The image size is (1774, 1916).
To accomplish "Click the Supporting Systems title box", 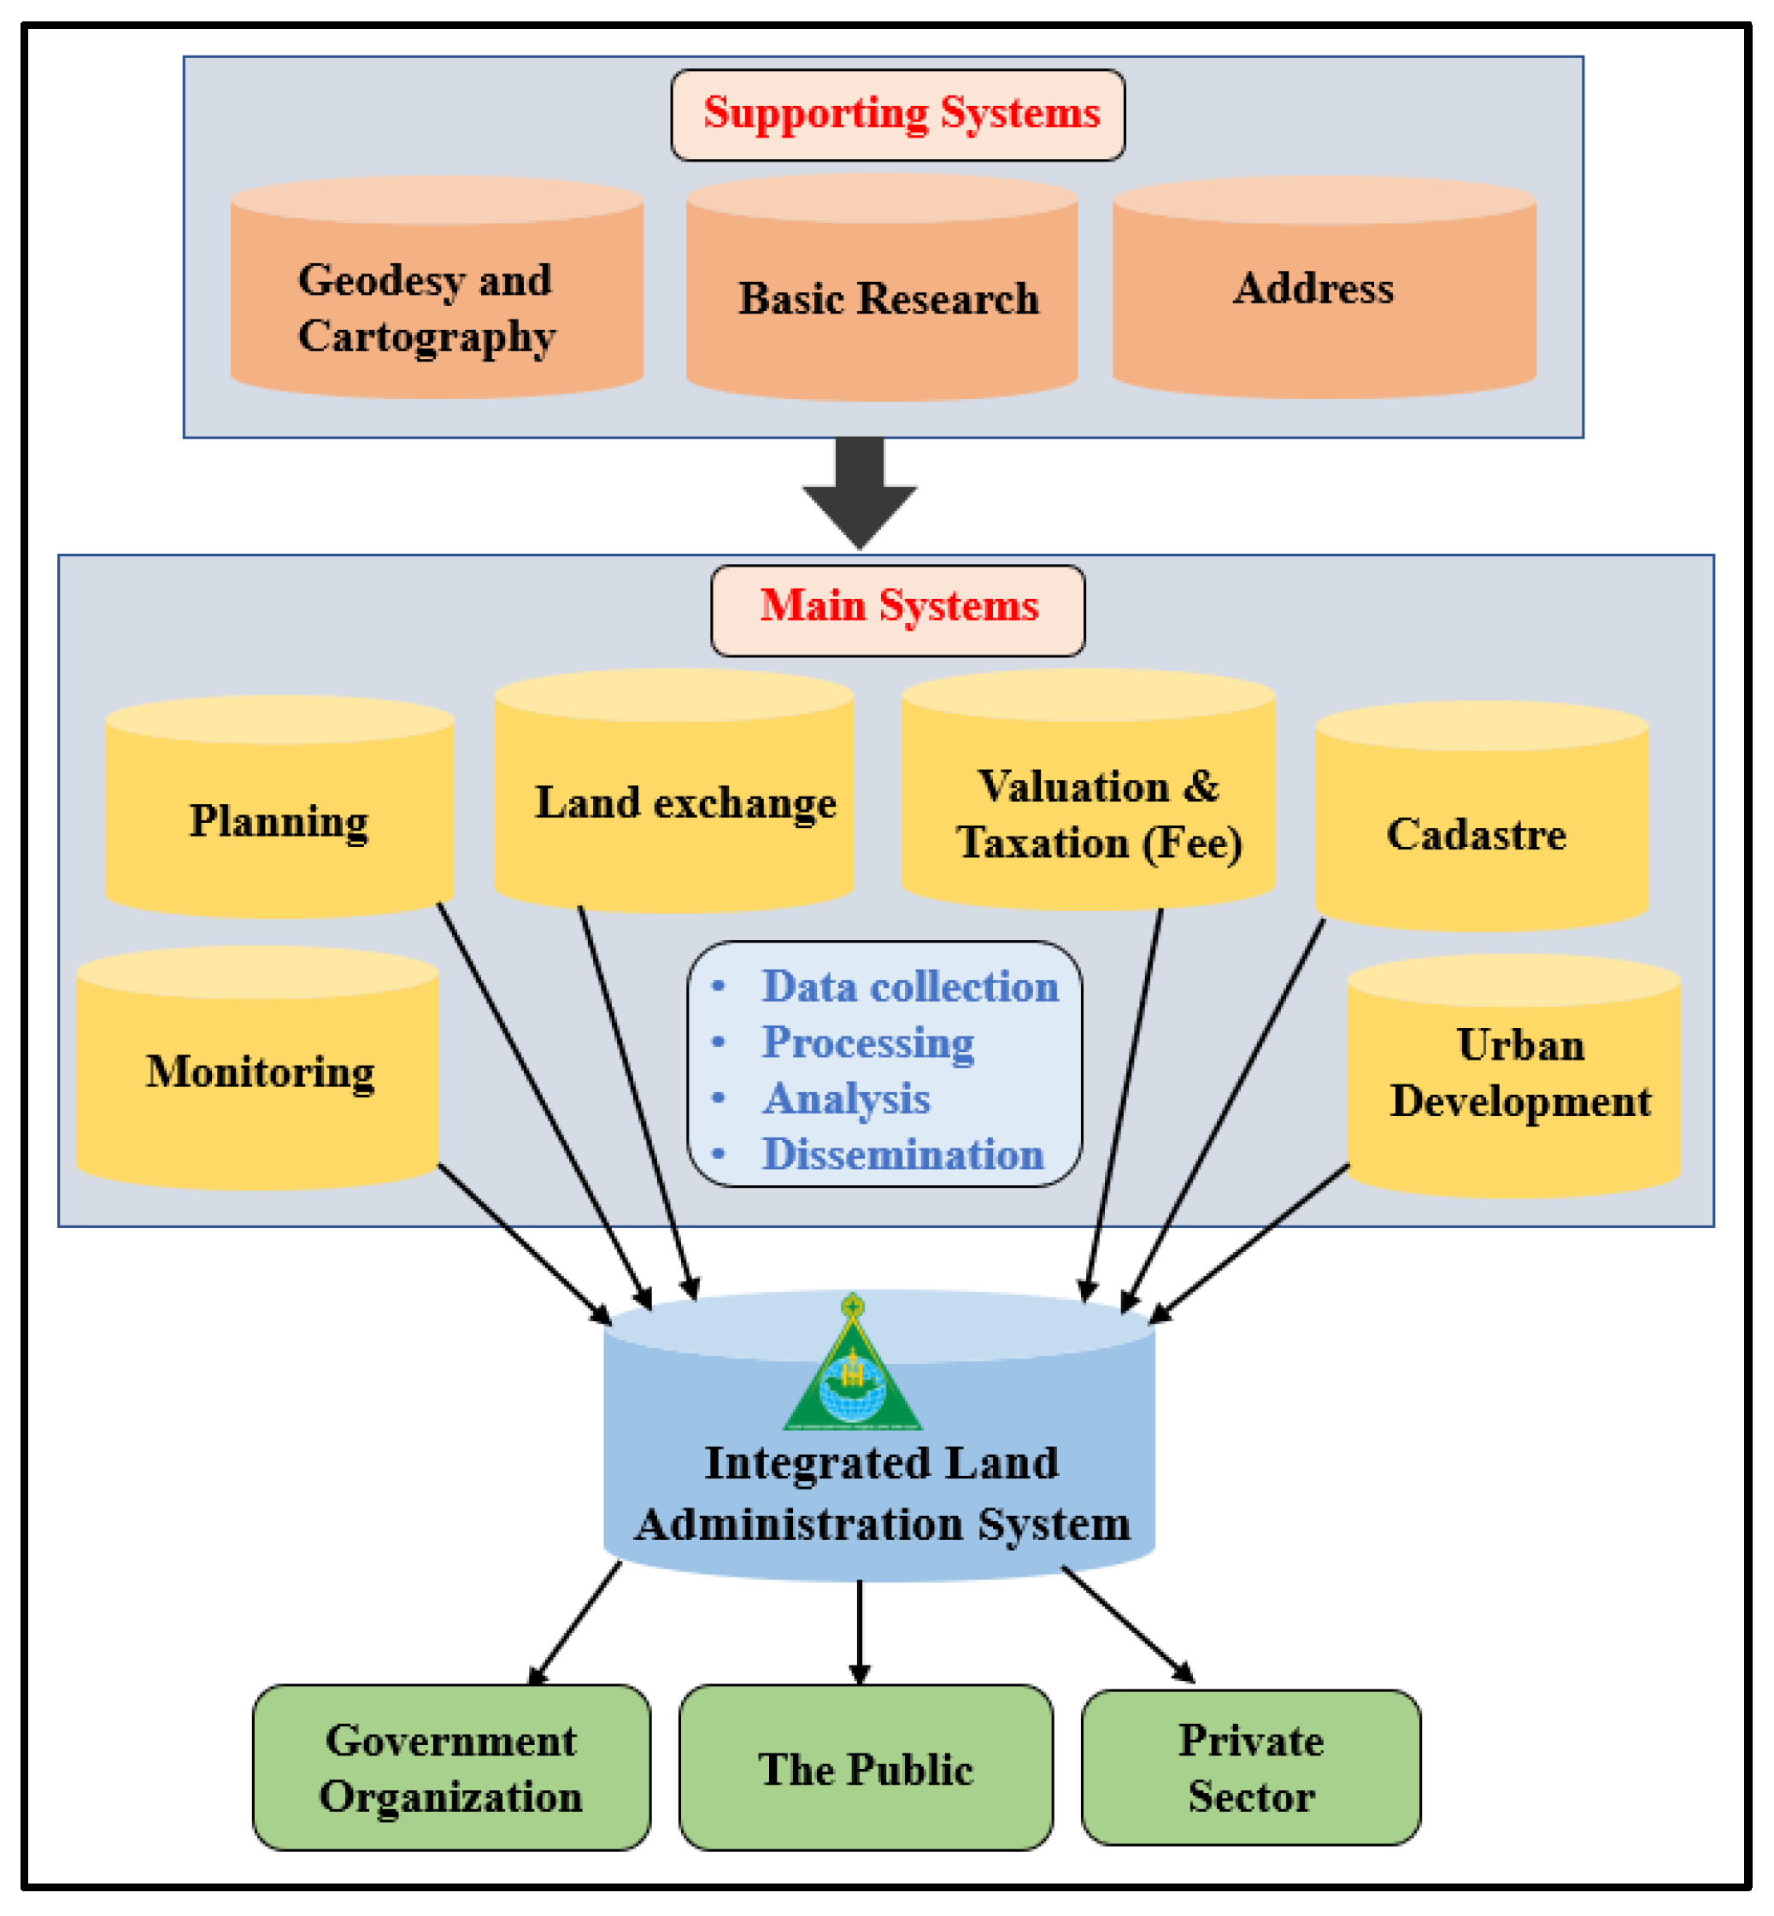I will [x=897, y=115].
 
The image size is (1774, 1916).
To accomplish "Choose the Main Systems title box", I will [x=897, y=609].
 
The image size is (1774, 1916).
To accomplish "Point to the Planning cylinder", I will [x=279, y=820].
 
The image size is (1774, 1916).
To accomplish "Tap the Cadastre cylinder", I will [x=1481, y=833].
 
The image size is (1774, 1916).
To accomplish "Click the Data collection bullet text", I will [x=909, y=988].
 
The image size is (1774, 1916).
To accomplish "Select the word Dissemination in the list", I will [x=902, y=1155].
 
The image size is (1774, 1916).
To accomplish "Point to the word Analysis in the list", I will [x=847, y=1099].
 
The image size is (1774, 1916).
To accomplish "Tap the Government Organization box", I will [x=451, y=1768].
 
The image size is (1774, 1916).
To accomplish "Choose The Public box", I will [x=865, y=1768].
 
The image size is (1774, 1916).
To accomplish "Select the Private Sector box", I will [x=1250, y=1768].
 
